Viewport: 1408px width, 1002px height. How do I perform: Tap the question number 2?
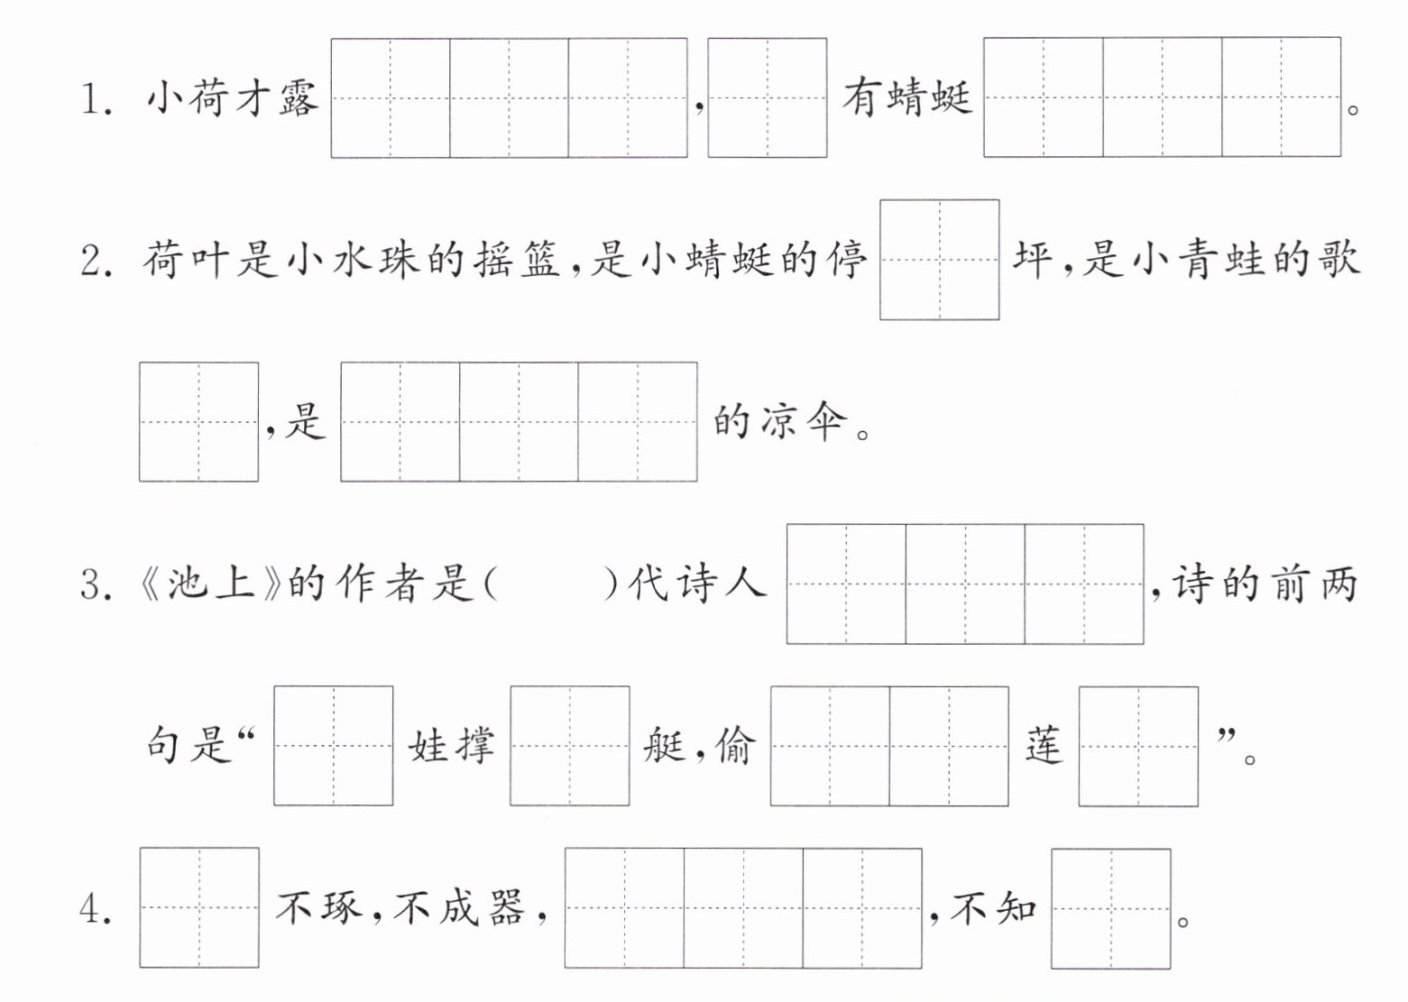pos(97,261)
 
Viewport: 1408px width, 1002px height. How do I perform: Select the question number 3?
pos(97,584)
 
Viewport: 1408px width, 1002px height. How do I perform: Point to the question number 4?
pos(97,909)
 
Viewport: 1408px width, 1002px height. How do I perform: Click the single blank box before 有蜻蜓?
pos(768,97)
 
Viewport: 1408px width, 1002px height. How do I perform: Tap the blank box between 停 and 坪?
pos(940,260)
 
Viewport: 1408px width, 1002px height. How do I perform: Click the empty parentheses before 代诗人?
pos(552,584)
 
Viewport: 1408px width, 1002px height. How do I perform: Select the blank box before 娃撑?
pos(334,746)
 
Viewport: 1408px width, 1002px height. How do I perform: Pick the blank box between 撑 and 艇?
pos(570,746)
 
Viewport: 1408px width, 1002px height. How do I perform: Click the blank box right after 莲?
pos(1139,746)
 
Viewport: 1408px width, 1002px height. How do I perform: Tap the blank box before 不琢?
pos(199,907)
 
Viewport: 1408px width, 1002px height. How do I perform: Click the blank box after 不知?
pos(1111,909)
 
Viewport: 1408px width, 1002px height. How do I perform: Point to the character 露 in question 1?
pos(299,98)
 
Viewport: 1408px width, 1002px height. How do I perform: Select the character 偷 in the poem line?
pos(732,746)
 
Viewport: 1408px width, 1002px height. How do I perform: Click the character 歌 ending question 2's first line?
pos(1340,260)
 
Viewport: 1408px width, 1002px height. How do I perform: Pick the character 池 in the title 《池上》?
pos(188,584)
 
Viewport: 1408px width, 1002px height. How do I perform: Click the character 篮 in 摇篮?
pos(538,260)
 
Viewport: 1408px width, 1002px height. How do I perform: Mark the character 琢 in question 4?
pos(343,907)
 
